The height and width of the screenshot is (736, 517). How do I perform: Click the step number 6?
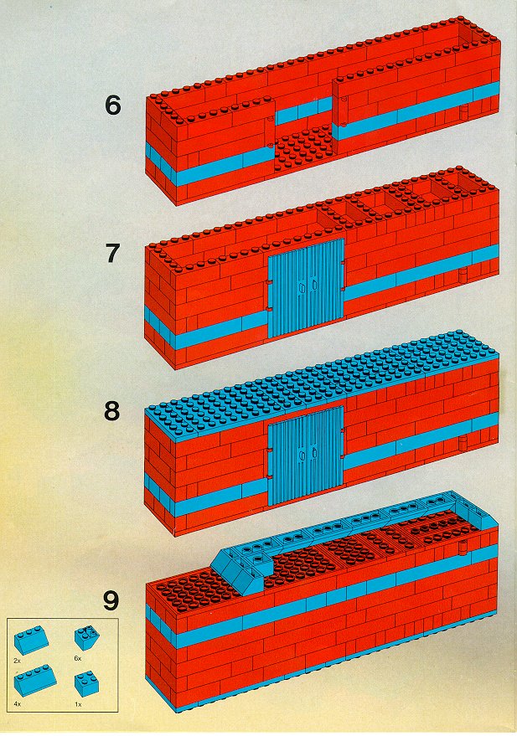112,106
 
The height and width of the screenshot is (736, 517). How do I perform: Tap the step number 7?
112,254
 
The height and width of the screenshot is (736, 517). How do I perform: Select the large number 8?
112,411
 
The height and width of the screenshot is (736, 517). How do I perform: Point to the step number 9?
111,602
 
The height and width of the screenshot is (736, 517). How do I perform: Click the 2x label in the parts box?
18,661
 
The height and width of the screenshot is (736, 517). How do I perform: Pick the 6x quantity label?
78,659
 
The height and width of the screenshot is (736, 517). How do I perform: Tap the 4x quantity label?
18,704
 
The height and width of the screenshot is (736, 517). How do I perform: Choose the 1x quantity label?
78,704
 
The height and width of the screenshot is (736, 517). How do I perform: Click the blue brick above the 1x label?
86,683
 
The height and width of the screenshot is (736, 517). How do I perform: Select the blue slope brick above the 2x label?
32,640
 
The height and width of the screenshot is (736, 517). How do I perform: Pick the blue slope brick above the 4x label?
35,682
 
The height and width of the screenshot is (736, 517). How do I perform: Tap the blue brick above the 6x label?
86,637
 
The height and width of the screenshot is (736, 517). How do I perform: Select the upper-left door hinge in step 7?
269,283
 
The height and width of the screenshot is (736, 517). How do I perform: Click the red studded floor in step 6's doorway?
305,147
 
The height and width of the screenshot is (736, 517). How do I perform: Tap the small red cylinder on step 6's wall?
463,113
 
